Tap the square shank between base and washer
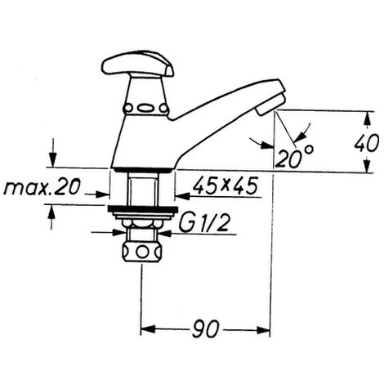142,188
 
